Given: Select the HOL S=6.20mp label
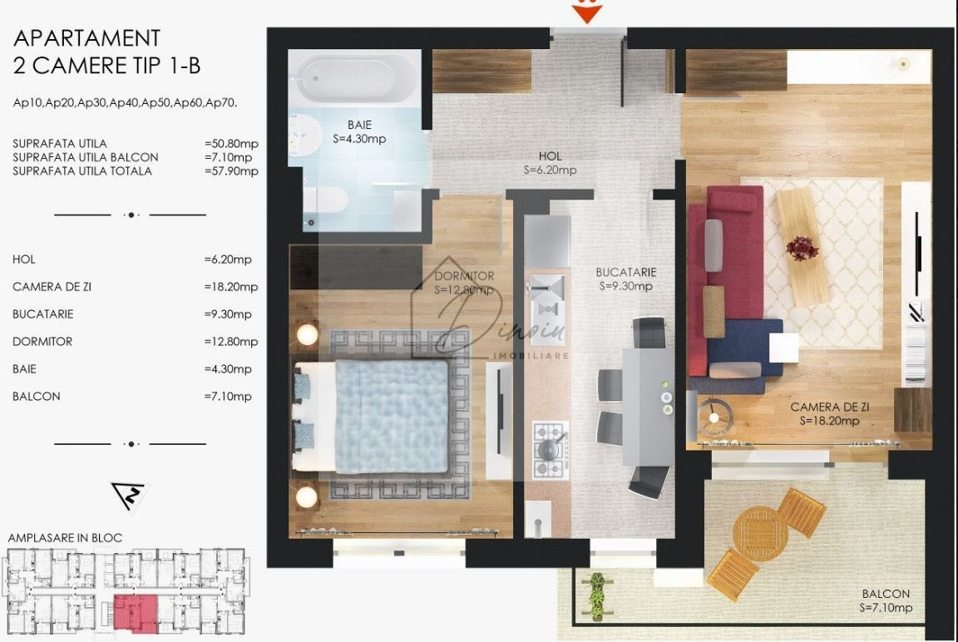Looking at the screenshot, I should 550,163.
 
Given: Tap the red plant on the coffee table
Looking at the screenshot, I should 802,247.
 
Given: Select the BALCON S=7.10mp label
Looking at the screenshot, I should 886,601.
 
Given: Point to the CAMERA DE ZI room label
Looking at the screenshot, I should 829,413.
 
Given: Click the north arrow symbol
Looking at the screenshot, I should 128,496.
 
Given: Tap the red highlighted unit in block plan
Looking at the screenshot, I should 135,612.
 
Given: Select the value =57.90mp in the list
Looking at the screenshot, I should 231,171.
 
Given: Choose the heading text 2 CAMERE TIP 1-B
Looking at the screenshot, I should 107,64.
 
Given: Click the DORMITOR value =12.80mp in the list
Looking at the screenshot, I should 231,342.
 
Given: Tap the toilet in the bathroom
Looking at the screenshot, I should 327,201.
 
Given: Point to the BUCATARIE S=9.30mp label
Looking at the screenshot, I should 626,279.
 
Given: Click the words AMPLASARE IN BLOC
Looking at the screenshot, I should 65,538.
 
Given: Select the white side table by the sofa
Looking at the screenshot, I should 783,347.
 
